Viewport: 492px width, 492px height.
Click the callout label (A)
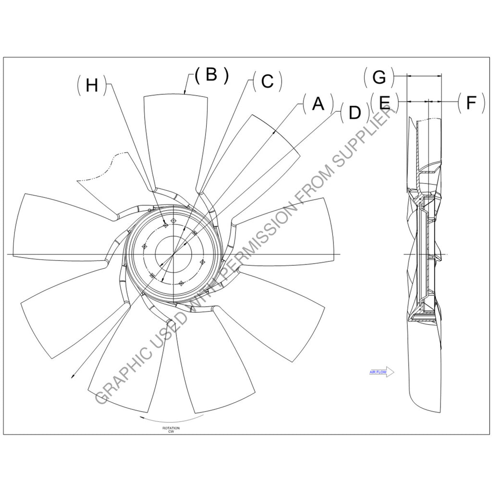pyautogui.click(x=318, y=104)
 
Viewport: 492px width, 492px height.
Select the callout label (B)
pyautogui.click(x=211, y=74)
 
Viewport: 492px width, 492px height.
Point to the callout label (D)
pyautogui.click(x=354, y=113)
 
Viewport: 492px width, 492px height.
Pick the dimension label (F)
pyautogui.click(x=471, y=103)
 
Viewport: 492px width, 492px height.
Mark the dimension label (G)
pyautogui.click(x=379, y=76)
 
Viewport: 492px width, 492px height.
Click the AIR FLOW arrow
pyautogui.click(x=382, y=372)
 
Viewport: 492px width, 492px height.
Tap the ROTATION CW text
pyautogui.click(x=171, y=429)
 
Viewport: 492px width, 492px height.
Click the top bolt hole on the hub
pyautogui.click(x=173, y=221)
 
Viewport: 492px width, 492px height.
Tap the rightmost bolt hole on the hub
pyautogui.click(x=202, y=262)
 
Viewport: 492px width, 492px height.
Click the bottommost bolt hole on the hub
pyautogui.click(x=181, y=283)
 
